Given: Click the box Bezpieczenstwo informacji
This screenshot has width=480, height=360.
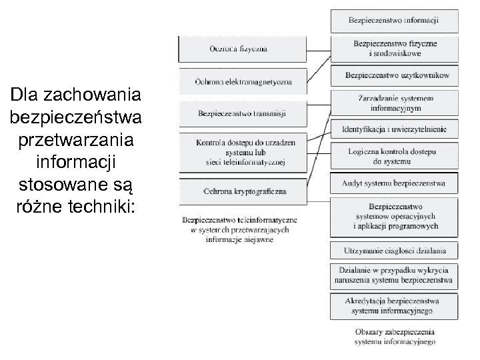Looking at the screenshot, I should click(x=394, y=21).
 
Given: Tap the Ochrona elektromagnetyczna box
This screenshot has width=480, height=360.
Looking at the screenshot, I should click(x=243, y=81).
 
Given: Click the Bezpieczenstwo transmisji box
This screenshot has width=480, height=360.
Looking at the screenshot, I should click(x=243, y=113).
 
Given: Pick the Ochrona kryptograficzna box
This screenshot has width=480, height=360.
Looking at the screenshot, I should click(x=243, y=191).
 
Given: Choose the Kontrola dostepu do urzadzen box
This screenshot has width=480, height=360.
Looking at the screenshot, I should click(x=243, y=152).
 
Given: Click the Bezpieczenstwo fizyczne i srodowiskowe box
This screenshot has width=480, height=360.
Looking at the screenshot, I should click(x=394, y=49).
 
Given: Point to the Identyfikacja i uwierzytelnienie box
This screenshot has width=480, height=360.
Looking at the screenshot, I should click(x=394, y=129).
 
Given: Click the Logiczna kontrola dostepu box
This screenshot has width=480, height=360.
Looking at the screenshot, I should click(x=394, y=156).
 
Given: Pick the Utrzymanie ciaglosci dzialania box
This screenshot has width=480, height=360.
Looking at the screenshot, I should click(x=394, y=251).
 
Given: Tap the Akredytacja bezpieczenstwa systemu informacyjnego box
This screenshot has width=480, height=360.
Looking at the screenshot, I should click(x=394, y=307).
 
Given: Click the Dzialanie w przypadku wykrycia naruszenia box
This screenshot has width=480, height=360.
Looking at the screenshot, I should click(x=394, y=275).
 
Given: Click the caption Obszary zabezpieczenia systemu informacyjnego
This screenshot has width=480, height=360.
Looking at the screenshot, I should click(x=395, y=337).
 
